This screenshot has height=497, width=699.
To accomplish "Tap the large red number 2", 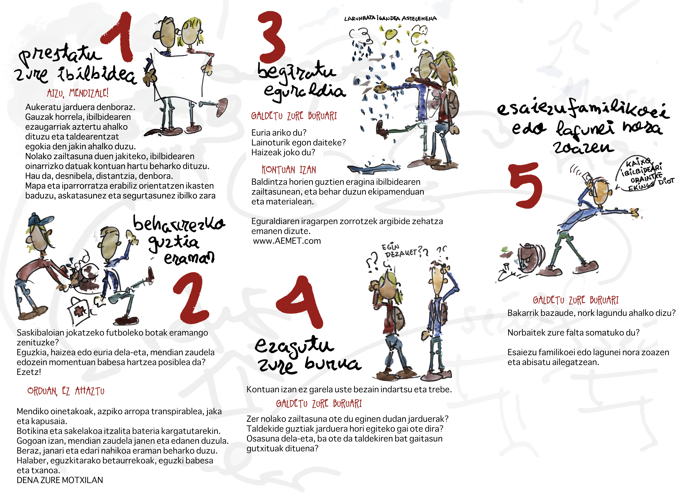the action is pos(191,298).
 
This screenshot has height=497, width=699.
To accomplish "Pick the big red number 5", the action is pos(526,185).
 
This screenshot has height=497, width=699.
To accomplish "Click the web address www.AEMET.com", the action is pos(287,241).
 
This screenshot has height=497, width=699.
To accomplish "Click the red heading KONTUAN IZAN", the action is pos(289,170).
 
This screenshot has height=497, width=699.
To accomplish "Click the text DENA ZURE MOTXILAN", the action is pos(60,480).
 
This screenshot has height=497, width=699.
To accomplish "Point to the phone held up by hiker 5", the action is pos(586,177).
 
